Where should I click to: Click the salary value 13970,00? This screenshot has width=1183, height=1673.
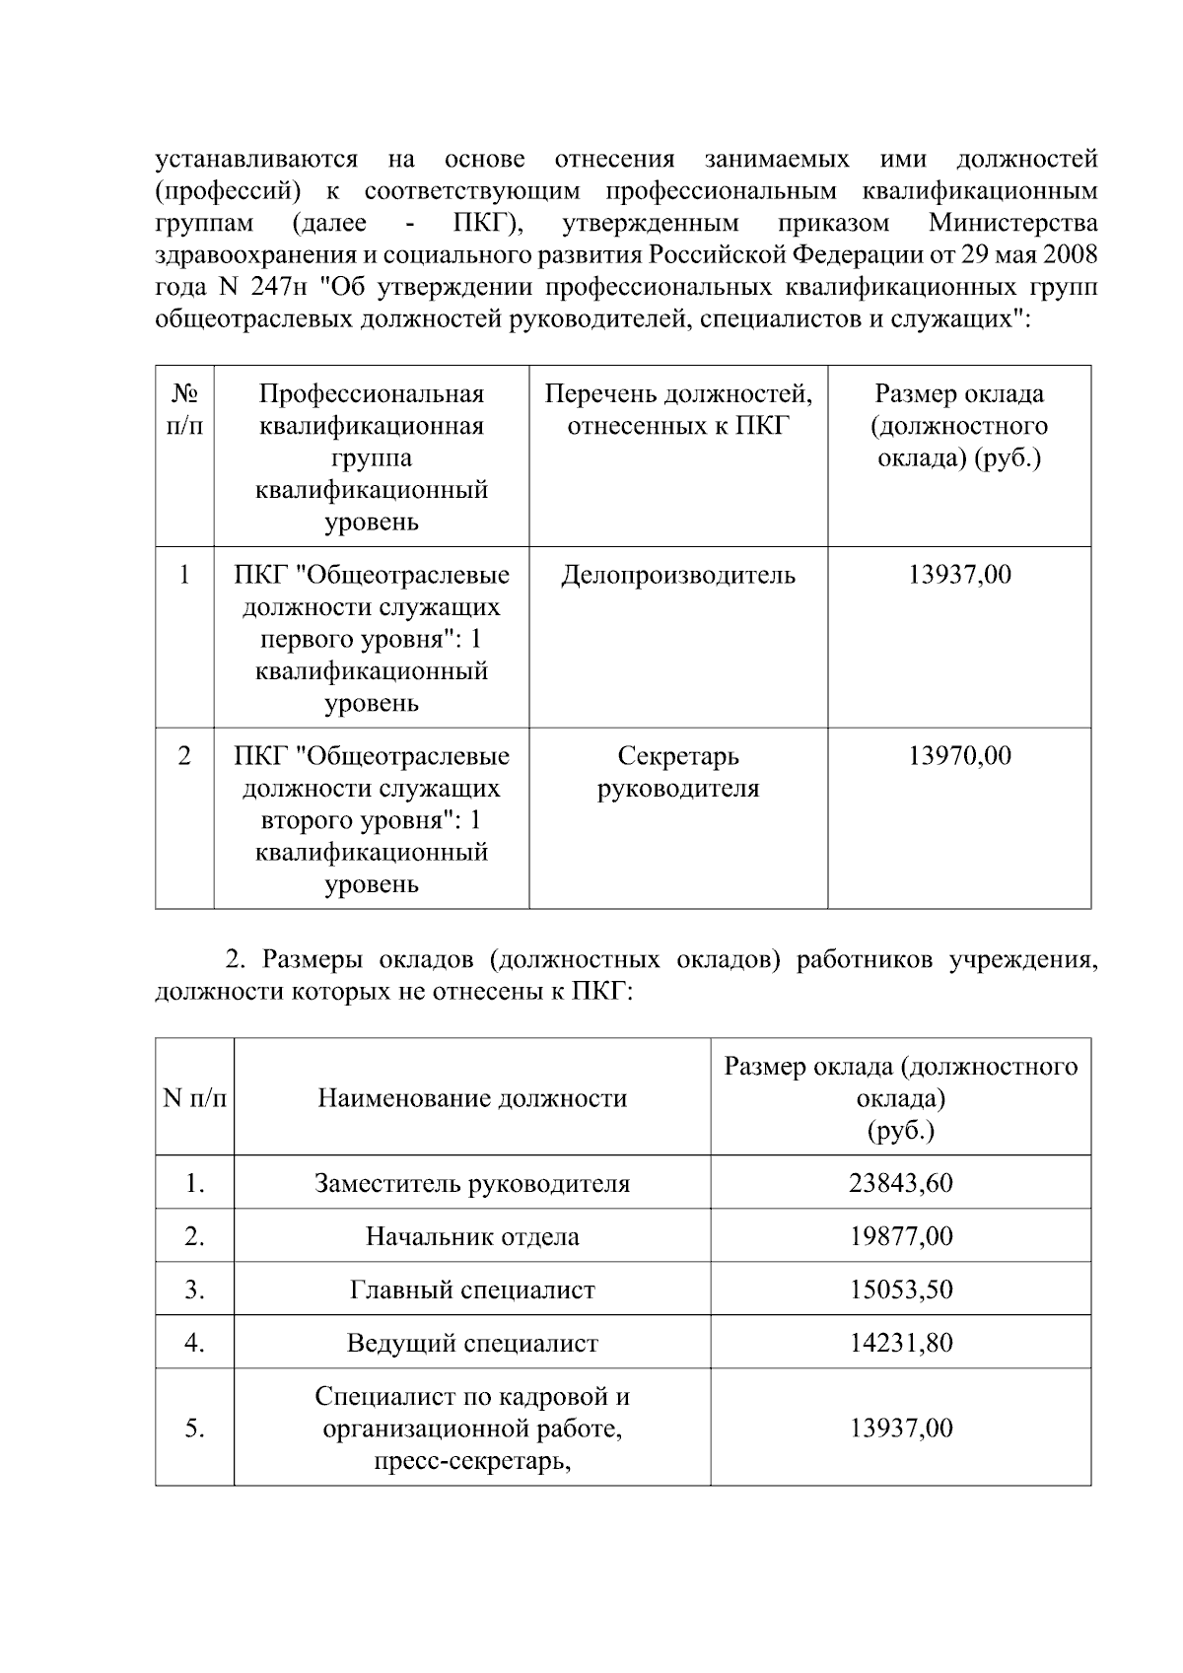point(959,756)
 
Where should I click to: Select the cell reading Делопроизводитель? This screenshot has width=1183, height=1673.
point(678,575)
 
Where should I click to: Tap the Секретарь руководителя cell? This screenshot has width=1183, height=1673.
point(678,772)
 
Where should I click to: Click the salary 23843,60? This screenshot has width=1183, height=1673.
point(901,1183)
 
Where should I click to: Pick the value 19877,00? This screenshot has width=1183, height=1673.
point(901,1236)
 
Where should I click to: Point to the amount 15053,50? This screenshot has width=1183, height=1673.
point(901,1290)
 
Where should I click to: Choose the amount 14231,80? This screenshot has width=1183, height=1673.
point(901,1343)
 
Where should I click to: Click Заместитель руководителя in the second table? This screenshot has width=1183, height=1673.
point(472,1183)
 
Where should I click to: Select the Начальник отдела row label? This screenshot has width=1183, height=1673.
point(472,1236)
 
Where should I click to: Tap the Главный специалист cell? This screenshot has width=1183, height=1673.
point(472,1290)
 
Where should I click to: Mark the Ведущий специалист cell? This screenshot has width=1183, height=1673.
point(472,1343)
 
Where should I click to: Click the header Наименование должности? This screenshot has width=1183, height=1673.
point(472,1098)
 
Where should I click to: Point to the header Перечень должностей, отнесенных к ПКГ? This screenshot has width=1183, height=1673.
point(678,410)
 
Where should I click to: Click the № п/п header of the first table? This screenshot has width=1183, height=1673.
point(184,410)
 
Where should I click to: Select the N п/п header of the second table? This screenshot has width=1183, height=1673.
point(194,1098)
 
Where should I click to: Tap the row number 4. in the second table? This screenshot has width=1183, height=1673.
point(194,1343)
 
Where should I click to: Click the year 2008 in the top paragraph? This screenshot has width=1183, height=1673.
point(1071,255)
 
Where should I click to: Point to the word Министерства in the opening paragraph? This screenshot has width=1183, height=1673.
point(1012,223)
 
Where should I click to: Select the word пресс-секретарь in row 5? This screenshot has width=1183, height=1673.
point(472,1460)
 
